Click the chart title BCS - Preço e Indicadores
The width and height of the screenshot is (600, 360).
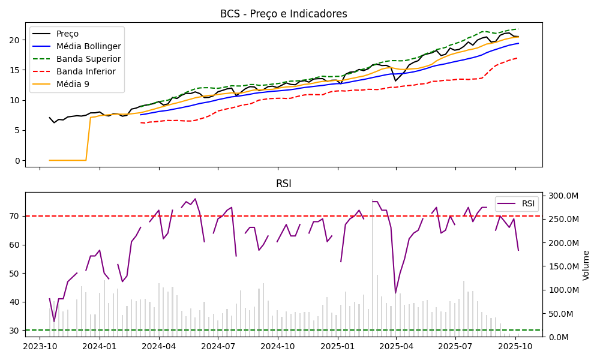(x=283, y=14)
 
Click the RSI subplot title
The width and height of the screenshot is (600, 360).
(x=283, y=184)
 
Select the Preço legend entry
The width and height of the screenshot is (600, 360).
(x=67, y=34)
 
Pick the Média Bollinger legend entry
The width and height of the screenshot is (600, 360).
(x=88, y=46)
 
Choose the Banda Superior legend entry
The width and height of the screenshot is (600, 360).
(x=88, y=59)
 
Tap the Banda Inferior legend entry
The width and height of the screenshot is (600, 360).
(x=86, y=71)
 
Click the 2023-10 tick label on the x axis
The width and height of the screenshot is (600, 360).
(x=40, y=346)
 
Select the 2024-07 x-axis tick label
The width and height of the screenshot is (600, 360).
(x=218, y=346)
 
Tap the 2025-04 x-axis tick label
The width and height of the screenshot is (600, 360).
(x=396, y=346)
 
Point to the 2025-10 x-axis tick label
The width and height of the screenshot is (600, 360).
(x=515, y=346)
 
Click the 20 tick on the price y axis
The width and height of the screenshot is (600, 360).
(x=14, y=40)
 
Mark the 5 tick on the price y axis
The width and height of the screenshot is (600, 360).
(x=16, y=130)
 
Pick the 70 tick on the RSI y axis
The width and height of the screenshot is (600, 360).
(x=14, y=216)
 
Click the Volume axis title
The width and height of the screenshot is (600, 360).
(x=586, y=265)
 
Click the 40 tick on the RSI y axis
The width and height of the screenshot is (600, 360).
(x=14, y=302)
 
